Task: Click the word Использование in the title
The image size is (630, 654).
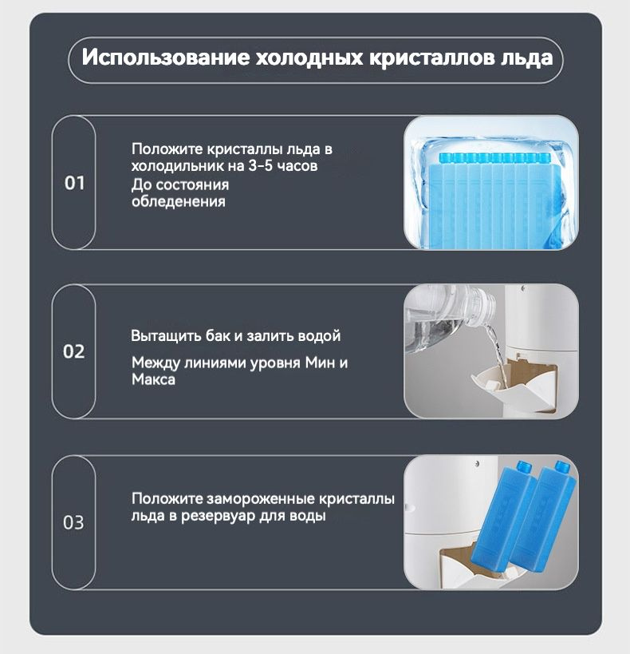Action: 165,57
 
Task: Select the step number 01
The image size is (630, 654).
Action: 75,183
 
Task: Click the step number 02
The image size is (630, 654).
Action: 73,351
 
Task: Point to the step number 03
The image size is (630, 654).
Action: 73,522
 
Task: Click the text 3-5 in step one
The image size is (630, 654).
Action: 261,165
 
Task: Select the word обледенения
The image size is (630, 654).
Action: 179,201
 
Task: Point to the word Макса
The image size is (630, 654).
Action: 153,379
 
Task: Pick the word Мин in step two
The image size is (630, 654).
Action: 320,363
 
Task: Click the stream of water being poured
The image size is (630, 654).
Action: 495,351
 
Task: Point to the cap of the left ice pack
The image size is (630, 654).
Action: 523,466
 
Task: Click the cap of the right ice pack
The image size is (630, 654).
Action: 561,466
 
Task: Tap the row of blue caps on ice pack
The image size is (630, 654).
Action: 494,157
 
